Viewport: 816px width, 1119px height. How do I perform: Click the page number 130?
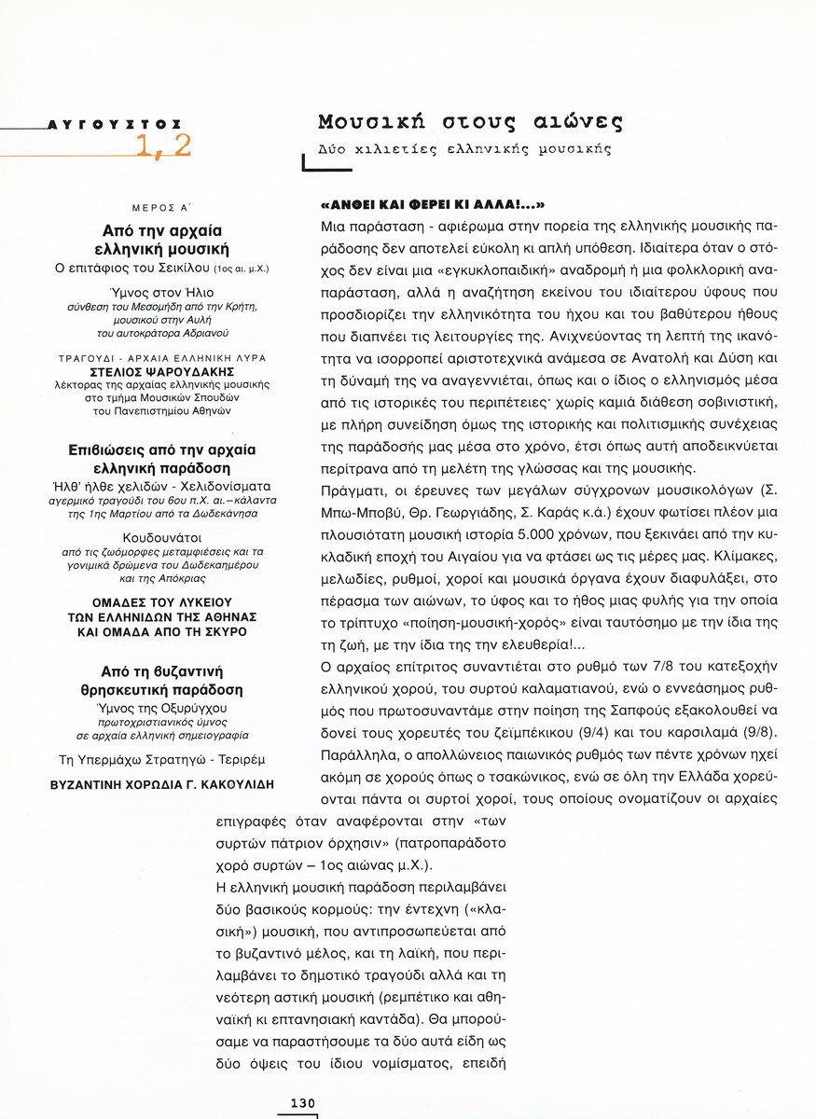[303, 1103]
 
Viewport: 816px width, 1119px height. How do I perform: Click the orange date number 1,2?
[163, 145]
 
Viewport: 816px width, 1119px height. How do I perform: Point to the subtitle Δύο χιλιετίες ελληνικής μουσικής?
[463, 149]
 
